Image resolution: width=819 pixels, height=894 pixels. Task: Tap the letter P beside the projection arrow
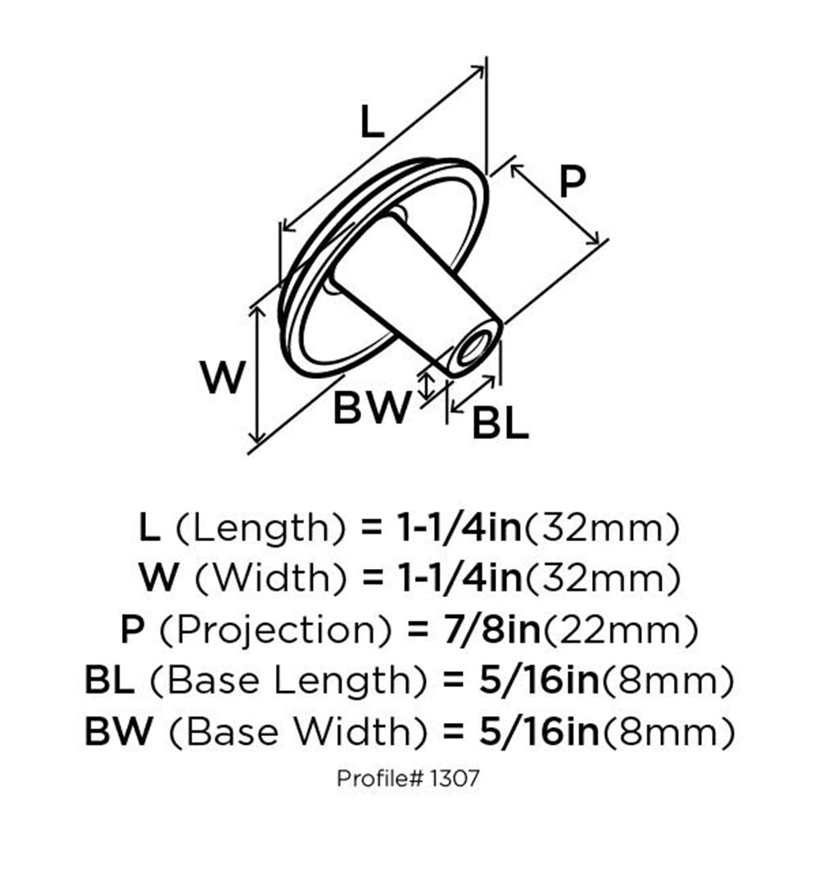[572, 181]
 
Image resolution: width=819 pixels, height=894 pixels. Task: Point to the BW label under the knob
[372, 407]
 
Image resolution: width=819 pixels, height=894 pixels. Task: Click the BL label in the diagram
[500, 422]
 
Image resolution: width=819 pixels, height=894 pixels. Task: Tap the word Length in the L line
[260, 528]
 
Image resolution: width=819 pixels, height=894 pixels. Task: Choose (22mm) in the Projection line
[620, 630]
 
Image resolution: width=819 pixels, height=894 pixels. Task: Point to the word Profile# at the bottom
[378, 779]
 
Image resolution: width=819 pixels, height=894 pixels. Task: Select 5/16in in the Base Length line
[540, 680]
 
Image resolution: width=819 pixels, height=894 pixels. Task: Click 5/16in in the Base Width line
[540, 731]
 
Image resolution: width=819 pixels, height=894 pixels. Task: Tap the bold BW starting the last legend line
[119, 732]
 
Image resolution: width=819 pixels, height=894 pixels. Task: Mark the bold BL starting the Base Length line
[110, 681]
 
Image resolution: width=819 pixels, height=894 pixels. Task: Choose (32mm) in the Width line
[602, 580]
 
